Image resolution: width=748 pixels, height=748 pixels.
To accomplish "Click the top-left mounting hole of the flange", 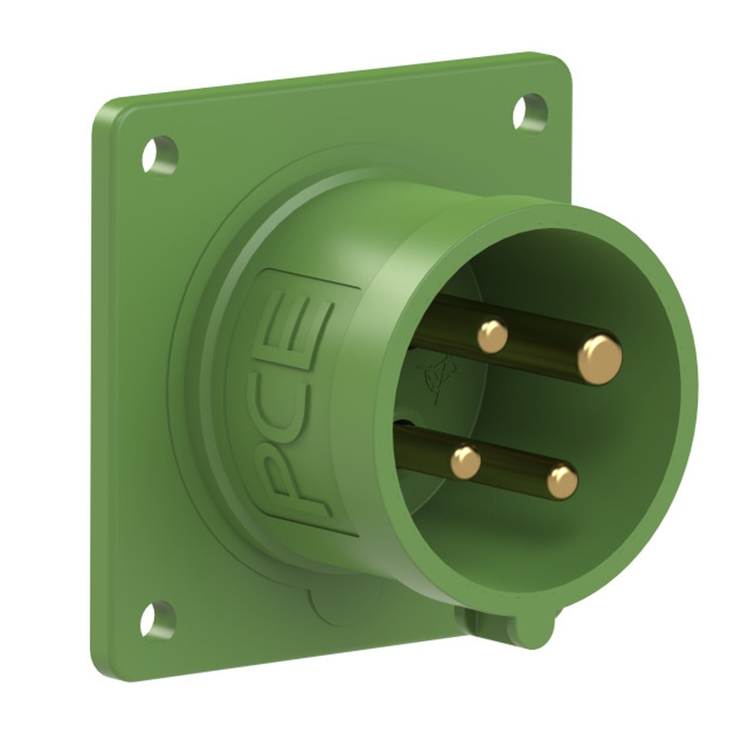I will point(160,155).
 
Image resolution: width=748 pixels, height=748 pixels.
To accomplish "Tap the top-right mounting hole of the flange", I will point(530,112).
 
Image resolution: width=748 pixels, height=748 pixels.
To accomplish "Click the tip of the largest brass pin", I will point(599,359).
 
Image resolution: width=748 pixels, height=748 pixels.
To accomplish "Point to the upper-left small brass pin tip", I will point(492,336).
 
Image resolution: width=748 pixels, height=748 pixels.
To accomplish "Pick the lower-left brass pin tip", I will point(465,462).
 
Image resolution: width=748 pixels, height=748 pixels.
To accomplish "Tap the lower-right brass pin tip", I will point(562,482).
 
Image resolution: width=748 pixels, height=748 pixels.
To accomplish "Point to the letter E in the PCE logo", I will point(308,322).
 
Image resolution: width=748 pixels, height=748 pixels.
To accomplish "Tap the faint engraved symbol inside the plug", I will point(441,374).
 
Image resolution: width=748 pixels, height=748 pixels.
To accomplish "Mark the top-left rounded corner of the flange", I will point(105,112).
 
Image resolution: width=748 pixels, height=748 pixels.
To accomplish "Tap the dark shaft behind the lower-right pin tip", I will point(516,471).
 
